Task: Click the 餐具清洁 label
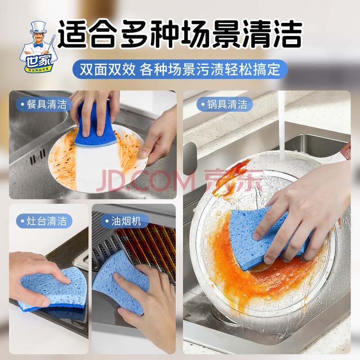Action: pos(44,104)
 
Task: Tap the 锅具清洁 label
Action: pos(225,104)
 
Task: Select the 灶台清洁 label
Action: pos(44,221)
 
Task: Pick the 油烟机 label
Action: pos(124,221)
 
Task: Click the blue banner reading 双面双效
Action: pos(180,69)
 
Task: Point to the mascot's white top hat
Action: pos(39,27)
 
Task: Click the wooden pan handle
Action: pos(346,151)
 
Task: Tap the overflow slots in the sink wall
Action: pos(38,156)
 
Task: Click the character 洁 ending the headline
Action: pos(288,34)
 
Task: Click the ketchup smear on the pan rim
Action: pos(232,177)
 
